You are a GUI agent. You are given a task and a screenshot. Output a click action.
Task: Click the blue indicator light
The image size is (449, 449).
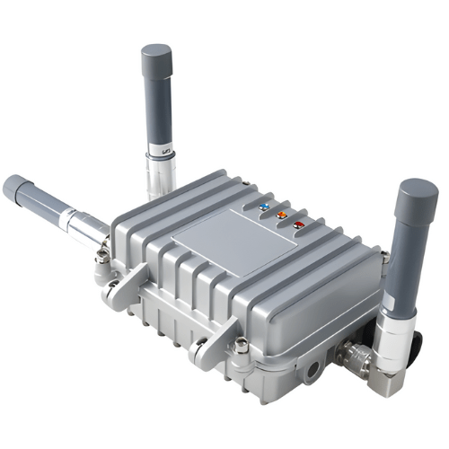(264, 207)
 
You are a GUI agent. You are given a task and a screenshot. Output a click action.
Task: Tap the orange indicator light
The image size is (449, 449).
(281, 215)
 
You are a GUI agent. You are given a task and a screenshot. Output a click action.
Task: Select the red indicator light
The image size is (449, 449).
(298, 224)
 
